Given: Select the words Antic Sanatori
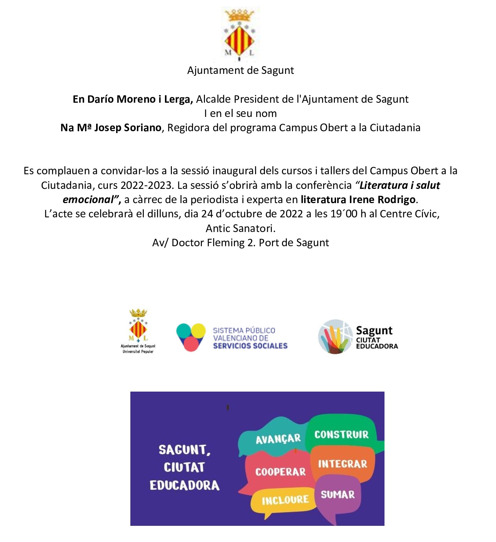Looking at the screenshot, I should tap(240, 228).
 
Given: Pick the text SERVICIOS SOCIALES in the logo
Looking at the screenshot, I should tap(250, 346).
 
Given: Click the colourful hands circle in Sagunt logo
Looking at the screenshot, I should tap(335, 337).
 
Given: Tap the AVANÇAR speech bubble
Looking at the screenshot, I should tap(278, 439).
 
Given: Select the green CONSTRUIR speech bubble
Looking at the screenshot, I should tap(341, 434).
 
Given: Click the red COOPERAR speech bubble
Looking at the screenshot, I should tap(280, 472).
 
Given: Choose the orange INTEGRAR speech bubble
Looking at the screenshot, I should tap(342, 464).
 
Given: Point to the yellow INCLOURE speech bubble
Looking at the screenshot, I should tap(285, 500).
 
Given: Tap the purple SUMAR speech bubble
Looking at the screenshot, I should tap(338, 495).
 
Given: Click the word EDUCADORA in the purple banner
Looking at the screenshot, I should tap(185, 485).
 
